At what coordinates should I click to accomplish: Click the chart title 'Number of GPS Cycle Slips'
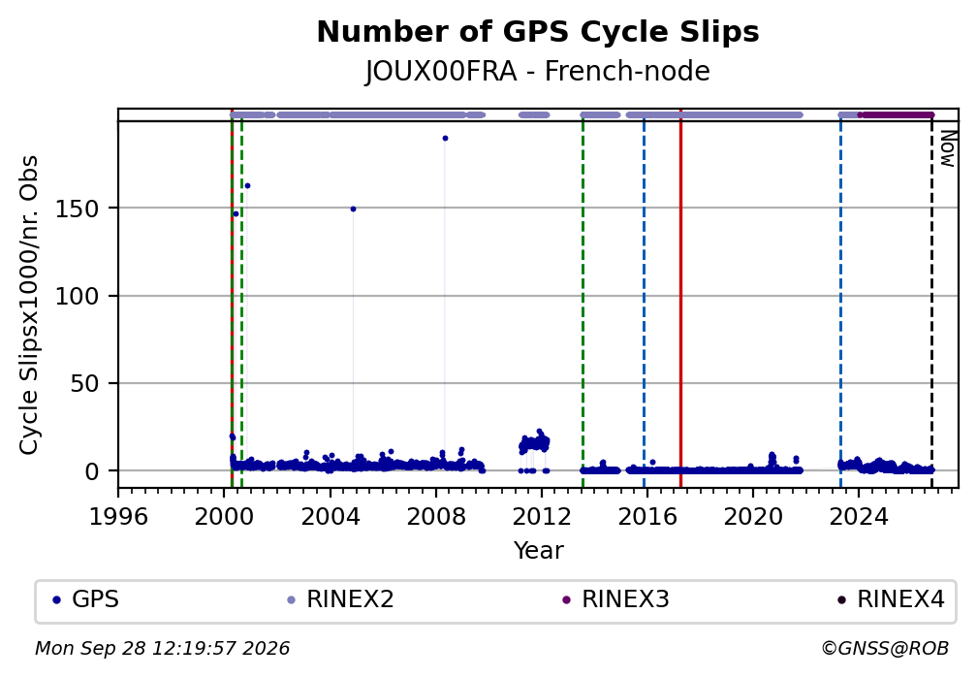coord(538,32)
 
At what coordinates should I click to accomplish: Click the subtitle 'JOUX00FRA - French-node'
coord(538,71)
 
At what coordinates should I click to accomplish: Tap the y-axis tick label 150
coord(78,209)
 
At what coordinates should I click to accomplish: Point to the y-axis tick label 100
coord(78,296)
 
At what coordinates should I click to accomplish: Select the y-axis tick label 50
coord(84,383)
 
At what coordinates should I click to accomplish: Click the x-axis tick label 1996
coord(118,516)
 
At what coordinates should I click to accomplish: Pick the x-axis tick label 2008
coord(435,516)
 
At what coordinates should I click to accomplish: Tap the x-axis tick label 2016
coord(646,516)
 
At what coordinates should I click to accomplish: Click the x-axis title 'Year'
coord(538,550)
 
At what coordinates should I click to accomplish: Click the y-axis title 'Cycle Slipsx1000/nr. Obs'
coord(29,305)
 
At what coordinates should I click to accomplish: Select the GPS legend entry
coord(87,599)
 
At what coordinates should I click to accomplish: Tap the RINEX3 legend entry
coord(615,599)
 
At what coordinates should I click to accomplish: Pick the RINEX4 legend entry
coord(891,599)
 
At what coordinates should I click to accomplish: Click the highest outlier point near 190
coord(445,139)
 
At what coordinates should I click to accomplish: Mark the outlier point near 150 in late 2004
coord(353,209)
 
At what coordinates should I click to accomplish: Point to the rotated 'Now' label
coord(947,148)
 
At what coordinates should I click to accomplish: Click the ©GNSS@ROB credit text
coord(885,649)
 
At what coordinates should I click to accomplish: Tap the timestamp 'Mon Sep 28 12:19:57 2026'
coord(162,649)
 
